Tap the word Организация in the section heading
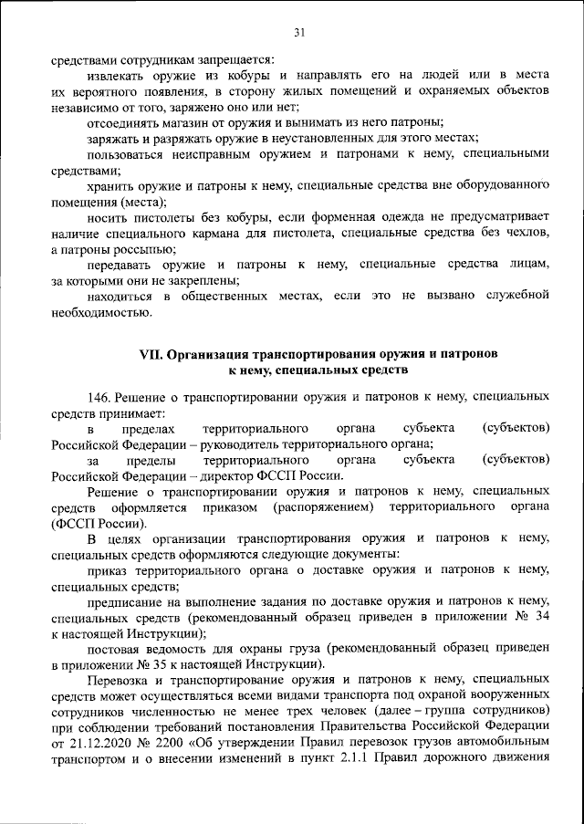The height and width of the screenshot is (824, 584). [x=208, y=354]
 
